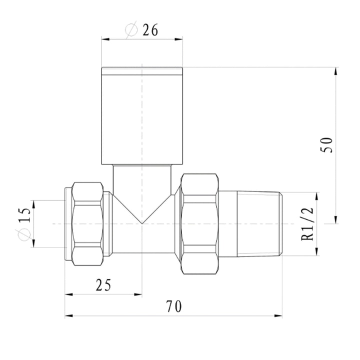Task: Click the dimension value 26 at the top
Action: point(150,30)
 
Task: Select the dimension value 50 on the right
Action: point(326,145)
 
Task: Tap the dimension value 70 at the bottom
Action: point(174,306)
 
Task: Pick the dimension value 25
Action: point(103,285)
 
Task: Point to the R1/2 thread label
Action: point(307,224)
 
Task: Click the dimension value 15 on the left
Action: point(24,215)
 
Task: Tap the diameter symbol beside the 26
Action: point(131,29)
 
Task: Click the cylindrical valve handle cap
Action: point(142,116)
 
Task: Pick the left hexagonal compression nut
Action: point(87,224)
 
